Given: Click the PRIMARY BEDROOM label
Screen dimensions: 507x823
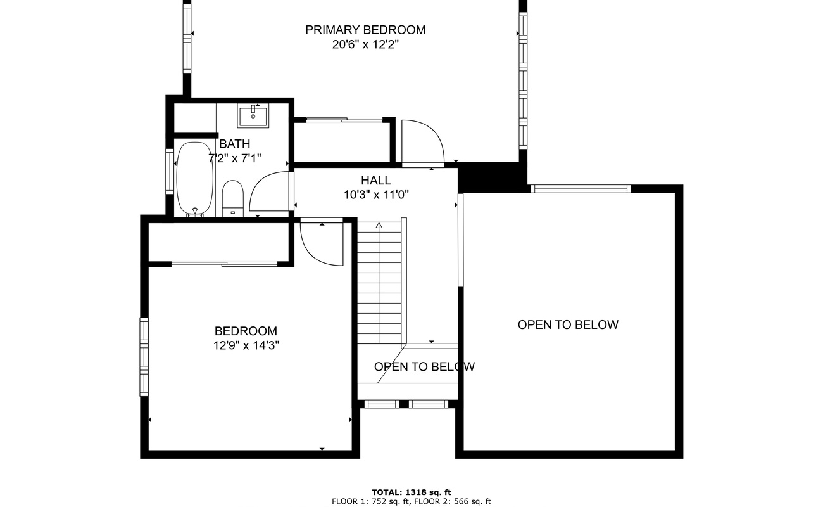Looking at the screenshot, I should (365, 30).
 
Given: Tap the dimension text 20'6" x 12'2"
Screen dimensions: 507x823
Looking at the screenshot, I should (365, 45).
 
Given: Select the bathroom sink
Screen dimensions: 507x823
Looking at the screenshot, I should (253, 115).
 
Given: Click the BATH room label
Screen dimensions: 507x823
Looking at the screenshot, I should (234, 144).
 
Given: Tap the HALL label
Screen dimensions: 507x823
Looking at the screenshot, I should (376, 181).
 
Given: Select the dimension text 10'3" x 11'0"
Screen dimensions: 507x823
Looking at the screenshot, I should (376, 195).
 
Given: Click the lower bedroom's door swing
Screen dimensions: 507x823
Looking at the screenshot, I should (321, 244).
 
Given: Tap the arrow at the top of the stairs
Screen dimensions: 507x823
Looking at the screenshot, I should (379, 226).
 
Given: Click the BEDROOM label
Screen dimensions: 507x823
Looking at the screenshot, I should (246, 331).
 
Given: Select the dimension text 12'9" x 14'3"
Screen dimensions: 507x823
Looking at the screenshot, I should (246, 346).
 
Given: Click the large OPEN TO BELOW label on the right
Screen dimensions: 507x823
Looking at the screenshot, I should (568, 324).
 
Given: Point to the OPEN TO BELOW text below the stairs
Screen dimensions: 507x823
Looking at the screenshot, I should (424, 367).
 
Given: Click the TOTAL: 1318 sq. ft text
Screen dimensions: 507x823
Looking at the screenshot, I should (411, 492).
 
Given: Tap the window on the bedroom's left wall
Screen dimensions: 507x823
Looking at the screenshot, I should (144, 357).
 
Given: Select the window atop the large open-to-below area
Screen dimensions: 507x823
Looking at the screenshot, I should (581, 188).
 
